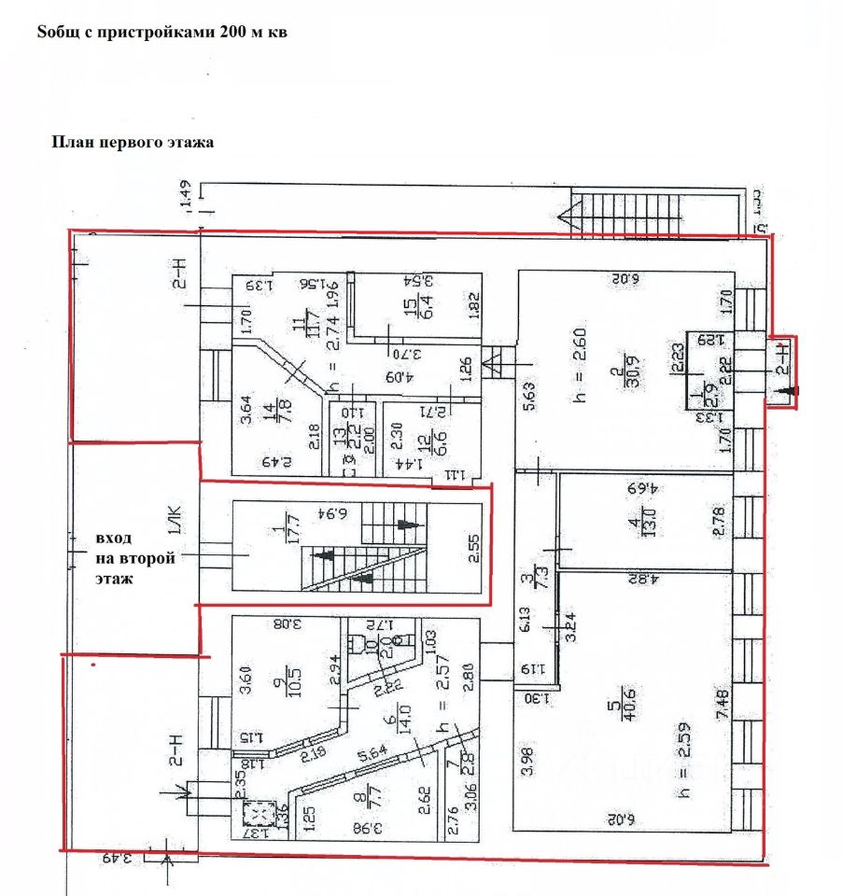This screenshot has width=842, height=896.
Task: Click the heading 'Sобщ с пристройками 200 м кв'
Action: coord(161,32)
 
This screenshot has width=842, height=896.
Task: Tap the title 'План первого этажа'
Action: coord(133,143)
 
